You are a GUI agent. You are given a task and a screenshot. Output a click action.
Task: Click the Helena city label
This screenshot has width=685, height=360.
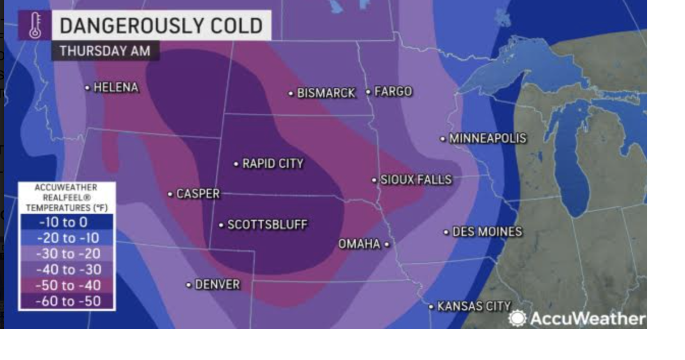(x=116, y=87)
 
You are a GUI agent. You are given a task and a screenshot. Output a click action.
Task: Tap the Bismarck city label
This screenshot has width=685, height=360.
(x=326, y=93)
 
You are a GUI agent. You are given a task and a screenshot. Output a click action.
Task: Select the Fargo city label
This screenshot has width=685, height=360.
(x=393, y=92)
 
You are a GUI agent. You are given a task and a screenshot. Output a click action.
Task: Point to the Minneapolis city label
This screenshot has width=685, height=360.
(x=487, y=139)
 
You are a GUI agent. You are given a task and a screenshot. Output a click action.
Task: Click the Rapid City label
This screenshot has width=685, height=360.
(x=272, y=164)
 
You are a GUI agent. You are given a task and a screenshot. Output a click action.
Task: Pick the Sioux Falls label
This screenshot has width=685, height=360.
(x=415, y=180)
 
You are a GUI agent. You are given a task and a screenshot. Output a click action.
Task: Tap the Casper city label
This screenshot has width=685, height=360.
(x=198, y=194)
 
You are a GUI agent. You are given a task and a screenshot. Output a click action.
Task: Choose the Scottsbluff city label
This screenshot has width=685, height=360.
(x=267, y=225)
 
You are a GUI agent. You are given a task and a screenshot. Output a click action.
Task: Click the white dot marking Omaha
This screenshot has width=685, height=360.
(x=387, y=244)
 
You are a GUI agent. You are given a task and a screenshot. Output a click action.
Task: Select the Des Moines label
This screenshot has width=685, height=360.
(x=487, y=232)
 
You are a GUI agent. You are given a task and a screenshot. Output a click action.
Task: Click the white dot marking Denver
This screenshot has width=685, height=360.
(x=189, y=285)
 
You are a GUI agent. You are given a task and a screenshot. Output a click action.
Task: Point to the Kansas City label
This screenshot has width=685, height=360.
(x=474, y=307)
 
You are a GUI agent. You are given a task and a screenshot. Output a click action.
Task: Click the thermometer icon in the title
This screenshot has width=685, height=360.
(x=35, y=25)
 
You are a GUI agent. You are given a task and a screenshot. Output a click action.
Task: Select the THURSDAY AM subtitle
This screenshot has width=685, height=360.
(x=105, y=51)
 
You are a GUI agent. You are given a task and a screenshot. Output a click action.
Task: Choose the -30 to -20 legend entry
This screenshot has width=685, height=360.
(x=67, y=254)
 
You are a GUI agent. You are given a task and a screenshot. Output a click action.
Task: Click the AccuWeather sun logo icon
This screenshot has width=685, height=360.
(x=517, y=318)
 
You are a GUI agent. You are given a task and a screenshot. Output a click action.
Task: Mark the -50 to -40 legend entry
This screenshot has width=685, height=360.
(x=67, y=286)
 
